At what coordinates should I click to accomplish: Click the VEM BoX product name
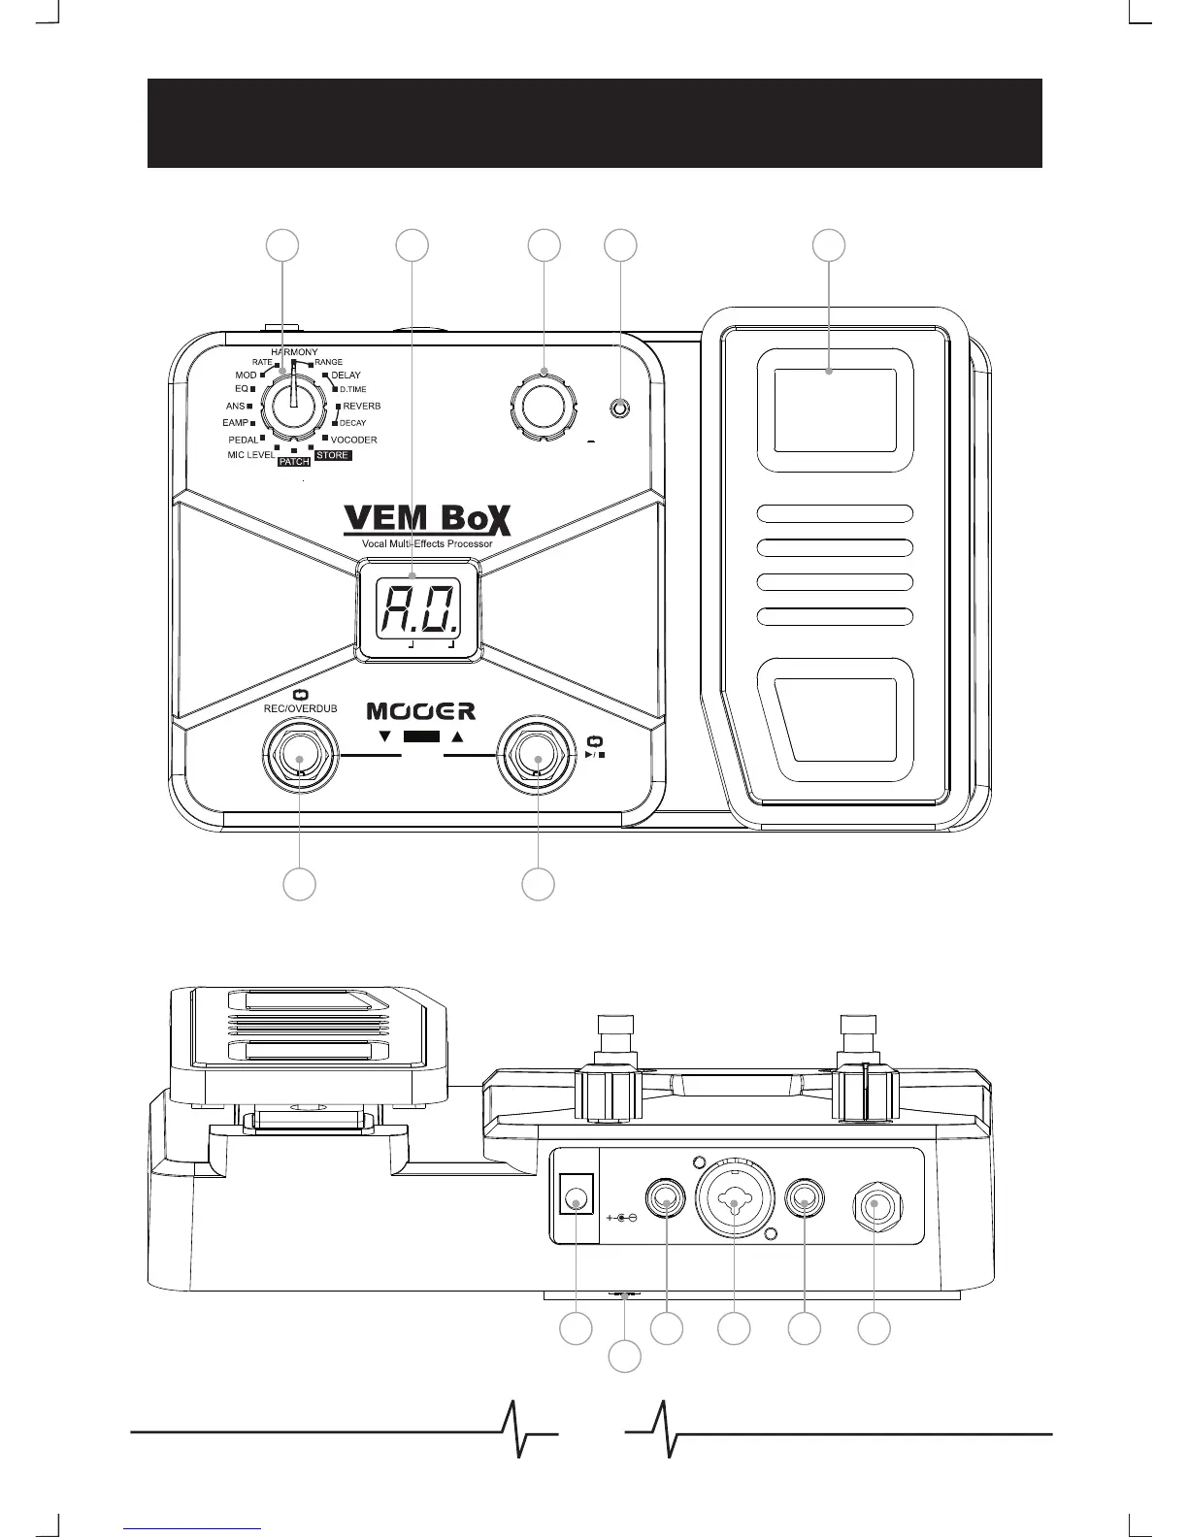pyautogui.click(x=427, y=518)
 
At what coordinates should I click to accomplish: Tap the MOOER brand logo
pyautogui.click(x=420, y=711)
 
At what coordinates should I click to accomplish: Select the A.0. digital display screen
pyautogui.click(x=419, y=614)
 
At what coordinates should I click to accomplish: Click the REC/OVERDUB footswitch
pyautogui.click(x=299, y=760)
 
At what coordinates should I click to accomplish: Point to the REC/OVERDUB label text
pyautogui.click(x=300, y=709)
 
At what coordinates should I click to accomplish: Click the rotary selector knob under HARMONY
pyautogui.click(x=294, y=407)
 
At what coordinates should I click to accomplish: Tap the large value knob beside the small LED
pyautogui.click(x=544, y=407)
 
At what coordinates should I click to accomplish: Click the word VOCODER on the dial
pyautogui.click(x=354, y=440)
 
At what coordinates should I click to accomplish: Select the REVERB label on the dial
pyautogui.click(x=361, y=406)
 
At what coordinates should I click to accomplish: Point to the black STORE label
pyautogui.click(x=333, y=455)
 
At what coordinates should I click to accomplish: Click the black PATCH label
pyautogui.click(x=294, y=462)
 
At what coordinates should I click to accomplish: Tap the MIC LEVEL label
pyautogui.click(x=250, y=455)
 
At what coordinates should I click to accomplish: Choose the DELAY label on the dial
pyautogui.click(x=346, y=376)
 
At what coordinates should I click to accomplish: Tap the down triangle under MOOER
pyautogui.click(x=385, y=736)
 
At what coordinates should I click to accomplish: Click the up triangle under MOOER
pyautogui.click(x=457, y=736)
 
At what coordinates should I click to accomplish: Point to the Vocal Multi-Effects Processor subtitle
pyautogui.click(x=427, y=543)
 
